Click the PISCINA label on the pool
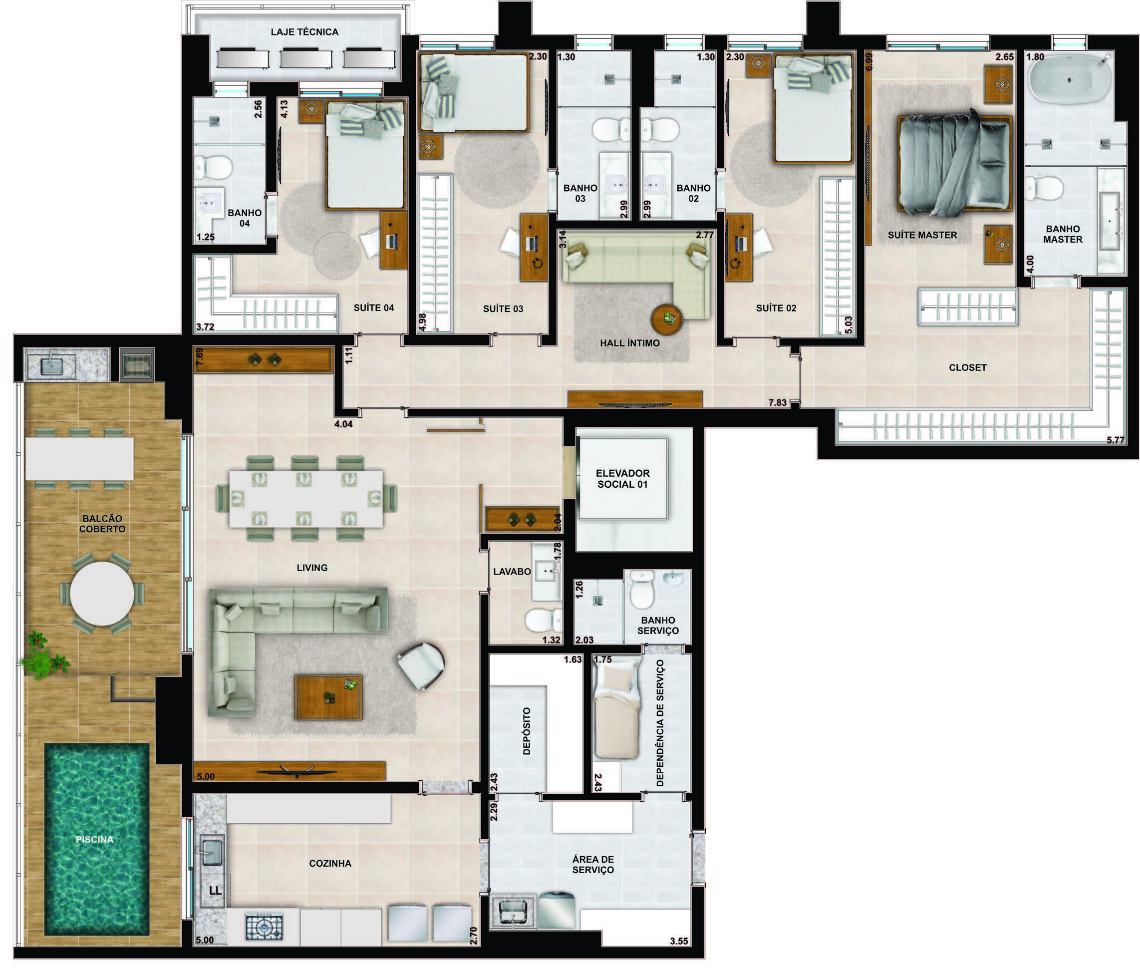click(x=94, y=840)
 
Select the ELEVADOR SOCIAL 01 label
click(x=623, y=478)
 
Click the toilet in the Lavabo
click(x=544, y=620)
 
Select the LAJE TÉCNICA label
click(x=304, y=32)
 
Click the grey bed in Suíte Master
click(x=955, y=163)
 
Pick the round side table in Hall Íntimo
click(x=667, y=319)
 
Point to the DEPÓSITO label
click(x=527, y=731)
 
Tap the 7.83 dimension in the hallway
click(x=778, y=402)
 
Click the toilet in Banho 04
click(x=214, y=167)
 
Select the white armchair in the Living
click(x=422, y=665)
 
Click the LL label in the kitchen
click(x=216, y=890)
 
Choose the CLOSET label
click(x=967, y=367)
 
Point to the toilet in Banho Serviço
click(x=641, y=590)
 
